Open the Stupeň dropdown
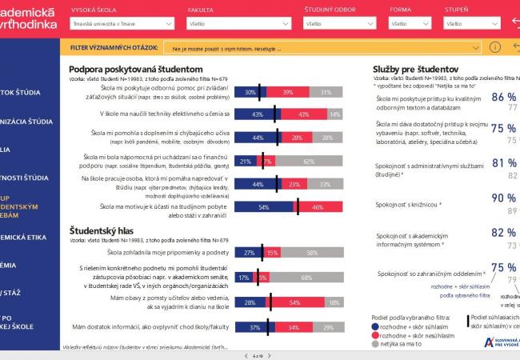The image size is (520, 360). pos(469,25)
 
